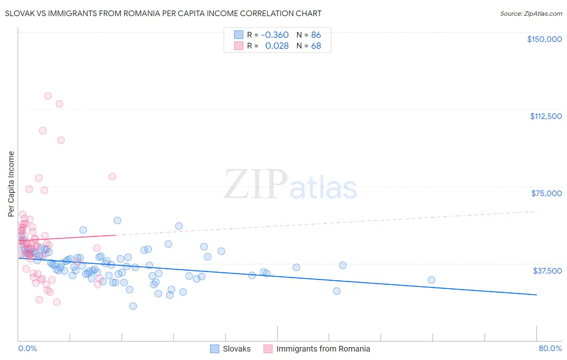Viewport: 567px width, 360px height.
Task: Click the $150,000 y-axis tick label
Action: click(544, 39)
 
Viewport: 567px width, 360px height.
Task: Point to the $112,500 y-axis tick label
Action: click(546, 116)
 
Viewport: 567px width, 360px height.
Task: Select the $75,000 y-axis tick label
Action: click(546, 193)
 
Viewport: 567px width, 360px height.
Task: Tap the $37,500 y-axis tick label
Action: click(547, 271)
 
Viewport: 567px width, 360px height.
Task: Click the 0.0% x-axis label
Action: click(27, 348)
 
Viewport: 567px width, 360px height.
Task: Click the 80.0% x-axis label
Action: click(550, 348)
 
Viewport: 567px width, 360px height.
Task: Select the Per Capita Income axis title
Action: click(11, 184)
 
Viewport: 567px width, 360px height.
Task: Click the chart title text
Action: click(163, 13)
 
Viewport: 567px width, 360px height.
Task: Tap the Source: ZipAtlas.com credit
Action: click(531, 14)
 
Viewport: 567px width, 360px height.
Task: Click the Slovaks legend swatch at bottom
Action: click(215, 349)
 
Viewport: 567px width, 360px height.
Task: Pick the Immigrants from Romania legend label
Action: click(323, 349)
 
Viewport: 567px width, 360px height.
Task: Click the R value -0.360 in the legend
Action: click(275, 35)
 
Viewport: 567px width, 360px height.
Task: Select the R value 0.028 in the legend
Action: click(277, 46)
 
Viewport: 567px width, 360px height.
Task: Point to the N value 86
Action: click(316, 35)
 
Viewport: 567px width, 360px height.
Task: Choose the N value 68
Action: click(316, 46)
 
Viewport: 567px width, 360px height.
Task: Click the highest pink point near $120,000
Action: click(48, 96)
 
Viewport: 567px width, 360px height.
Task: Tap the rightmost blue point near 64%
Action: click(431, 280)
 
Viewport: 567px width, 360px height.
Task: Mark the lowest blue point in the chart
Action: click(133, 306)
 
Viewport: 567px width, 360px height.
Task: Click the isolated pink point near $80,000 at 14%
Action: click(112, 176)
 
